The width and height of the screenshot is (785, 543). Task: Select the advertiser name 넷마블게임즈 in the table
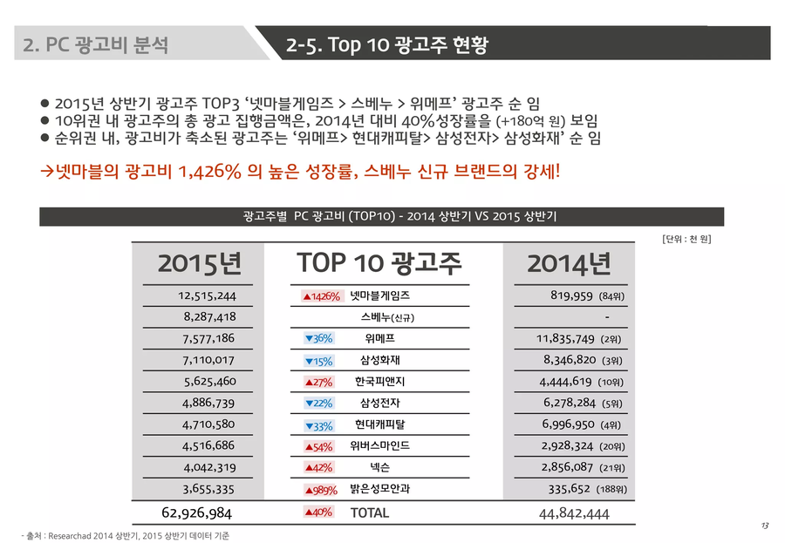(x=379, y=296)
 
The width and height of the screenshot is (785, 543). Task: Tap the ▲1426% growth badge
(x=321, y=297)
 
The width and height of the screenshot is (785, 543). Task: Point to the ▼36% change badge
(x=318, y=339)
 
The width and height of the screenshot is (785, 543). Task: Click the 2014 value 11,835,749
(x=565, y=339)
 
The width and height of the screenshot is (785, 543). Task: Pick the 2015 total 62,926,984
(x=197, y=512)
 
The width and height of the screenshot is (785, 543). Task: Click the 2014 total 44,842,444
(x=575, y=513)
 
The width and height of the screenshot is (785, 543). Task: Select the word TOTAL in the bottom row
(x=370, y=512)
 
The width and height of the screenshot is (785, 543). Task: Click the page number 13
(x=764, y=526)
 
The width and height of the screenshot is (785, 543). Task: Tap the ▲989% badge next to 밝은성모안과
(x=319, y=490)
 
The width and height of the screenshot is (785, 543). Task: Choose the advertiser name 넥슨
(x=379, y=468)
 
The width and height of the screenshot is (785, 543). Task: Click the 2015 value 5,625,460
(x=209, y=382)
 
